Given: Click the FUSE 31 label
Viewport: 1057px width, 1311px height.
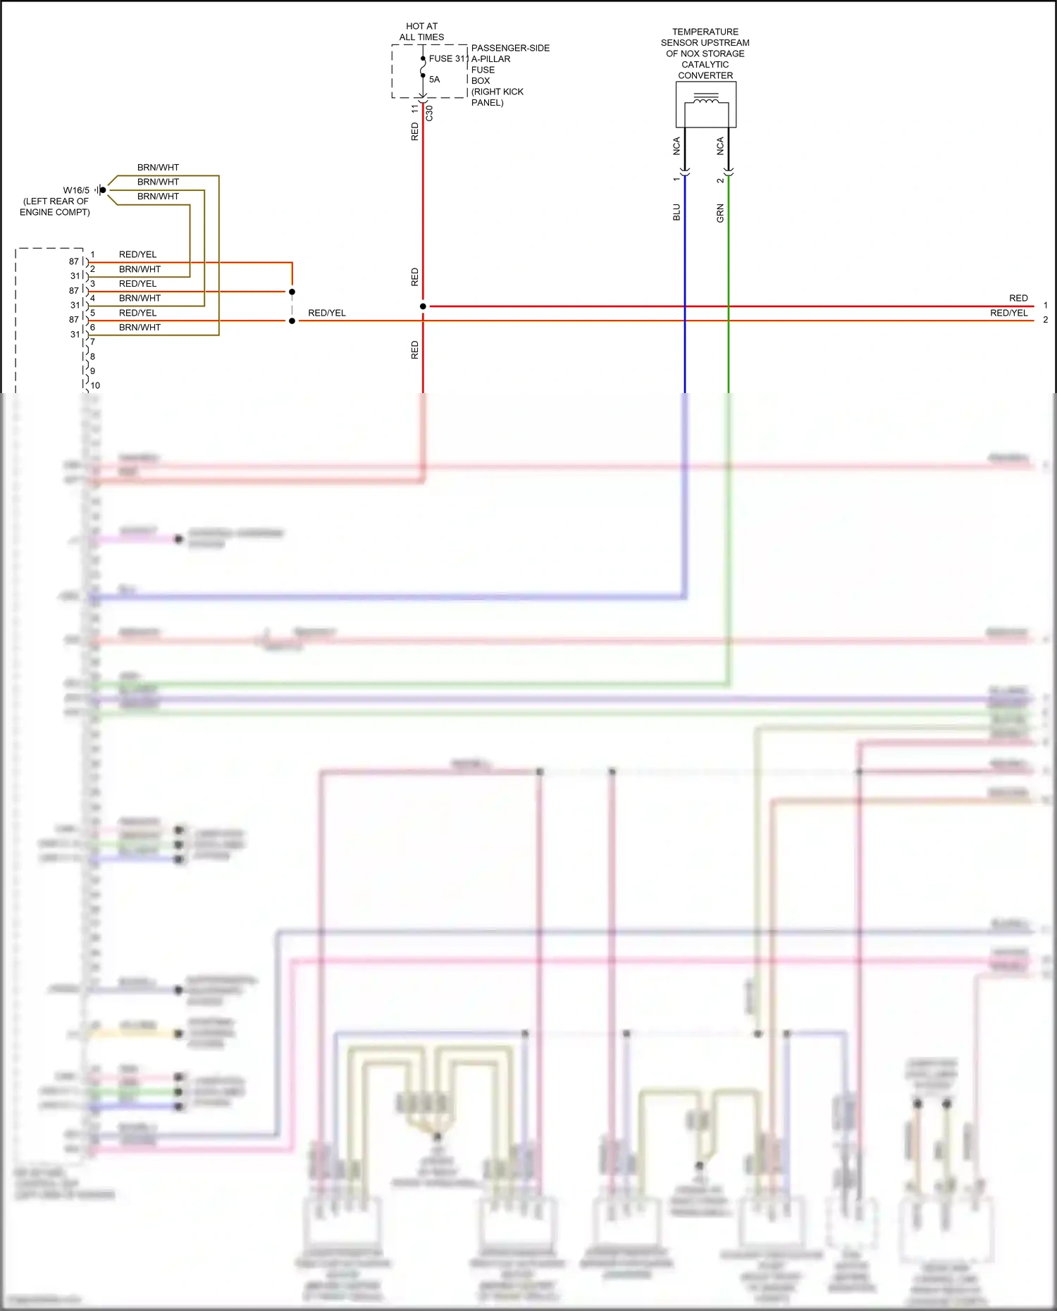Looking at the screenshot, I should click(447, 58).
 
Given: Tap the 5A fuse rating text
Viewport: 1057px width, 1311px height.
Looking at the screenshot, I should click(434, 80).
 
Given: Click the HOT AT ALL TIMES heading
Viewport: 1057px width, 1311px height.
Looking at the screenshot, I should click(421, 32).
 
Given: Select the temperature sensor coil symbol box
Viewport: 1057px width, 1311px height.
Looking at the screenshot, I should click(705, 104).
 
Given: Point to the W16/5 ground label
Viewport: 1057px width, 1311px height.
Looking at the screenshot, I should click(76, 190).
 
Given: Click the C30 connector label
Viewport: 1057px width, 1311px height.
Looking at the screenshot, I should click(429, 113).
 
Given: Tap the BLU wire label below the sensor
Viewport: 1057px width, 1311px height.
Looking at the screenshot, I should click(676, 212).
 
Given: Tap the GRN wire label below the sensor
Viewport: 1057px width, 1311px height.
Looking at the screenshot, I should click(720, 213).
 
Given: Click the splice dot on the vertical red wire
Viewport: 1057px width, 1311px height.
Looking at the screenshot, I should click(423, 306).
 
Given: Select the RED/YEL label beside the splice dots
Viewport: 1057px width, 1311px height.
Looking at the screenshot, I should click(327, 313).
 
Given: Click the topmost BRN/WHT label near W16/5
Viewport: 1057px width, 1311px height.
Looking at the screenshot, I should click(158, 168).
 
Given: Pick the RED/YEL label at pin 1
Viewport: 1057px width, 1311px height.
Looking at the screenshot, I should click(137, 254).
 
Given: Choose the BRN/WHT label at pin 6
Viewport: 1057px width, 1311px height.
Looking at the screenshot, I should click(140, 328).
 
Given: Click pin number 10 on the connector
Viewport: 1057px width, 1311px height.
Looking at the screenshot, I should click(95, 385).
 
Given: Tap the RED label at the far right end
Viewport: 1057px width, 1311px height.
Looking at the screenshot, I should click(1018, 298).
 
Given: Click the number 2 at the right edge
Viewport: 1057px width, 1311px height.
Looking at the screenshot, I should click(1046, 320).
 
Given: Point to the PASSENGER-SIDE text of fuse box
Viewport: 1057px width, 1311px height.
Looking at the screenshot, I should click(510, 48).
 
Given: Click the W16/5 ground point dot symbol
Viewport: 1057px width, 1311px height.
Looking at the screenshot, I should click(103, 190).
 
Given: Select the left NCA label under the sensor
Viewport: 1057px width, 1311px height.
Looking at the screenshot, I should click(676, 146).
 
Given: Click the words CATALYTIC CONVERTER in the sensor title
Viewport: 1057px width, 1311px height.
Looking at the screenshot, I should click(705, 70).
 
